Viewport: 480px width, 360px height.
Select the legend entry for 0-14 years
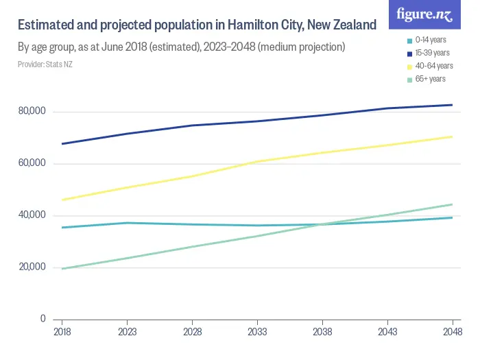coord(430,40)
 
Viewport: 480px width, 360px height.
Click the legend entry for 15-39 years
coord(431,53)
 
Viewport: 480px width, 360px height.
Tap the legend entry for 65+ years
coord(429,79)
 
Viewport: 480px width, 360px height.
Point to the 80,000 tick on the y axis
coord(32,111)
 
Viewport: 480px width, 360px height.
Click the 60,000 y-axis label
coord(32,163)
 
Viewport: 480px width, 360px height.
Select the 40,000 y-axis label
coord(32,215)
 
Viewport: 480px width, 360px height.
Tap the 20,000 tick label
coord(32,267)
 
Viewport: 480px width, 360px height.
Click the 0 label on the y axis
coord(43,319)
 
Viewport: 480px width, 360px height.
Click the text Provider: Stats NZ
coord(45,64)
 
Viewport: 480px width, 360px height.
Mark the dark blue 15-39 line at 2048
coord(452,105)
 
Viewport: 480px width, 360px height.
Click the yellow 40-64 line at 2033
coord(257,161)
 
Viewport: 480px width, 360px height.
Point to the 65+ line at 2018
coord(62,268)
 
